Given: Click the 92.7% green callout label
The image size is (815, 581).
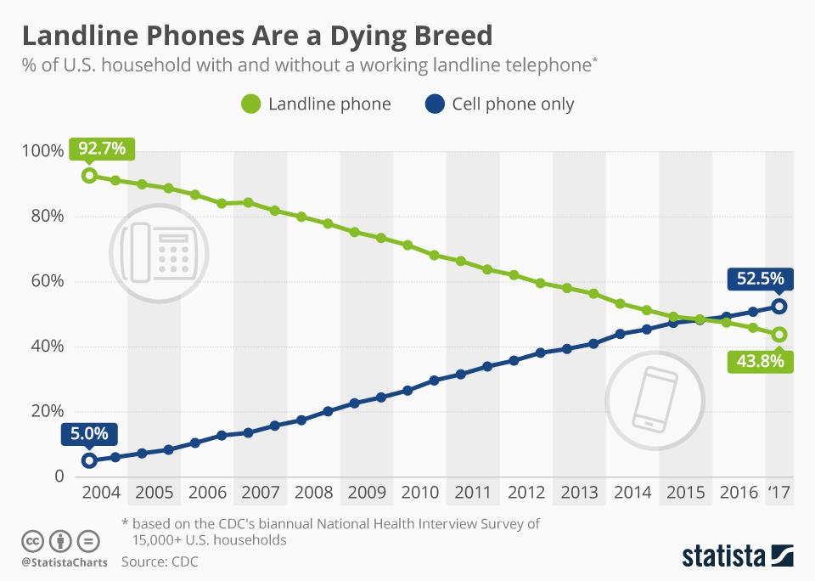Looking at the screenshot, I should pyautogui.click(x=102, y=149).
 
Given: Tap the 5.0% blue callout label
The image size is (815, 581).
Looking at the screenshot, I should pyautogui.click(x=89, y=433).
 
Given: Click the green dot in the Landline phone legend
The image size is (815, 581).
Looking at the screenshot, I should pyautogui.click(x=250, y=104).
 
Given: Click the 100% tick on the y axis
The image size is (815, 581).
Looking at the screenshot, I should pyautogui.click(x=42, y=151).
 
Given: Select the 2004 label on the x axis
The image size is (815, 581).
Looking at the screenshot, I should pyautogui.click(x=101, y=493).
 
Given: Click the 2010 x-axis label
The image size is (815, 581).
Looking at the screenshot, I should pyautogui.click(x=419, y=493).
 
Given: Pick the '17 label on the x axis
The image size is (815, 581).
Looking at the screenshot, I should pyautogui.click(x=778, y=493).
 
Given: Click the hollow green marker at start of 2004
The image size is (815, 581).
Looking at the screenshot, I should pyautogui.click(x=89, y=176).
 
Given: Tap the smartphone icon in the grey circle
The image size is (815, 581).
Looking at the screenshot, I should pyautogui.click(x=655, y=397).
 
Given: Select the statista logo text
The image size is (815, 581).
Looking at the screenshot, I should pyautogui.click(x=724, y=556).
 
